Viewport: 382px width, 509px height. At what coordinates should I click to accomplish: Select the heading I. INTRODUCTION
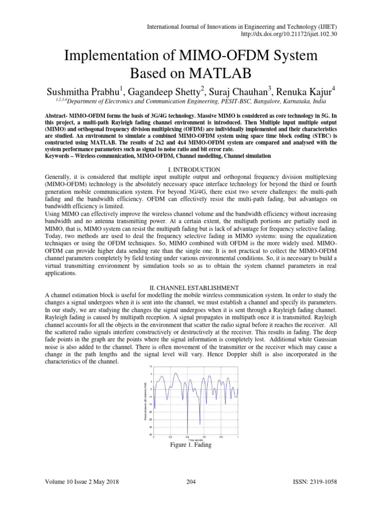coord(191,170)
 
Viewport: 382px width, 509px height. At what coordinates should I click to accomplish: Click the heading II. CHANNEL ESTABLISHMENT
coord(191,288)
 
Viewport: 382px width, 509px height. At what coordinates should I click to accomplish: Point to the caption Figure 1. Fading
coord(191,445)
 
